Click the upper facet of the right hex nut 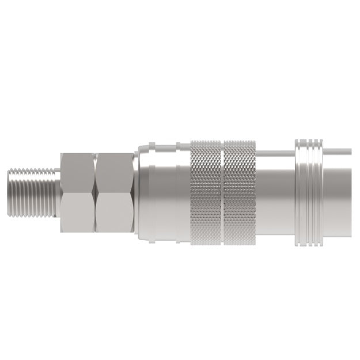114,172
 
